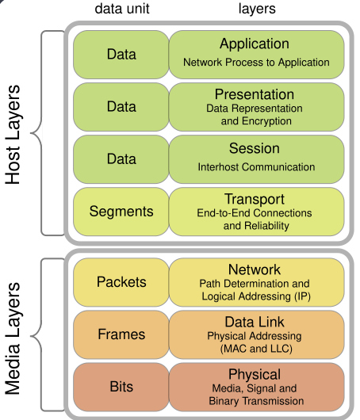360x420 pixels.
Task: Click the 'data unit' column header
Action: click(121, 9)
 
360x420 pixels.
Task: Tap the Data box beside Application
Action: click(121, 54)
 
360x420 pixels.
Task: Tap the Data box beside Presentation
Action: click(121, 107)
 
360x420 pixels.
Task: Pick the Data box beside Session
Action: click(121, 158)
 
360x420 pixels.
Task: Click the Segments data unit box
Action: click(121, 212)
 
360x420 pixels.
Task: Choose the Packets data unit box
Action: click(121, 282)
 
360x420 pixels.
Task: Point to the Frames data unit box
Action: click(121, 334)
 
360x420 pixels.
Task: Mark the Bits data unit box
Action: click(121, 386)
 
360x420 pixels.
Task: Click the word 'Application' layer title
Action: click(255, 44)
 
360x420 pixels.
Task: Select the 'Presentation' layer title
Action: click(255, 95)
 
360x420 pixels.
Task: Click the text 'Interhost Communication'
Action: click(256, 167)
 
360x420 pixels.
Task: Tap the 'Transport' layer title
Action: click(255, 200)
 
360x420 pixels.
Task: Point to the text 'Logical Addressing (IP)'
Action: click(255, 296)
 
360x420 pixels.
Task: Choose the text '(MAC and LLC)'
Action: click(255, 349)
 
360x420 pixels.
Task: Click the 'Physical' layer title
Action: click(255, 374)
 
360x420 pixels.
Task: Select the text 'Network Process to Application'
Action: click(256, 62)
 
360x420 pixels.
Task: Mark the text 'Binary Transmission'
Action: click(255, 401)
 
